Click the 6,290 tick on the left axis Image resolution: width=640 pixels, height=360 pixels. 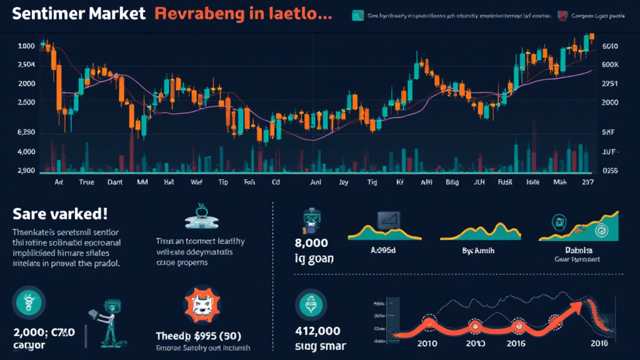(26, 132)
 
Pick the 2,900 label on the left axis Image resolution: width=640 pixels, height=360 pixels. (26, 171)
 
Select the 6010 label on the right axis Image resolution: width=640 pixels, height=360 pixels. (609, 46)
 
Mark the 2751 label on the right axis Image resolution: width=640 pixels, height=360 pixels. (609, 83)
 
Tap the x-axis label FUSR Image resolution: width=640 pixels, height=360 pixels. (504, 183)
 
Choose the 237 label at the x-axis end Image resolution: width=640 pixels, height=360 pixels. (587, 183)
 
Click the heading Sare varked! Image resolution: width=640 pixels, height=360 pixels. (60, 214)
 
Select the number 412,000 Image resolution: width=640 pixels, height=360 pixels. (318, 332)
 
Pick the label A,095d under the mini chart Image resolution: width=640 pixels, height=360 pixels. (384, 248)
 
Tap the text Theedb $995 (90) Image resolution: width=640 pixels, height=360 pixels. (199, 336)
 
